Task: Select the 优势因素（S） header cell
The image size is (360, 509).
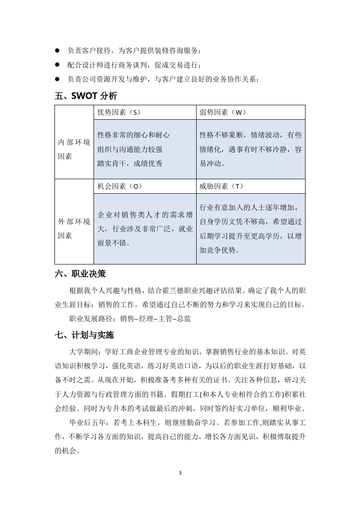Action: [x=119, y=112]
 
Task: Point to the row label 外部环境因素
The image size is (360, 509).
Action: [x=74, y=229]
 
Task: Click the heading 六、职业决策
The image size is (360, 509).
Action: [x=80, y=274]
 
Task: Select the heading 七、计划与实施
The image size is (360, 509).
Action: [x=84, y=336]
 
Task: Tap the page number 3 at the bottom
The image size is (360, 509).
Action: [x=180, y=473]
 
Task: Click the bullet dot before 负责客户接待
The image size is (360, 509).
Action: [x=57, y=50]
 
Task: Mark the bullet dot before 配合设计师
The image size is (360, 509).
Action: [x=57, y=64]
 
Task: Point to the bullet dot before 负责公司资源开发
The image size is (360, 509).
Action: [x=57, y=79]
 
